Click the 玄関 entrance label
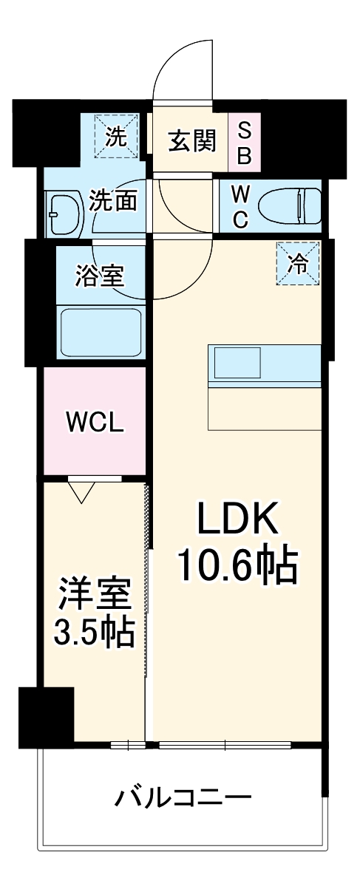click(x=191, y=140)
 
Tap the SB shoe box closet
click(x=244, y=142)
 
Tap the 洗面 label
click(x=112, y=201)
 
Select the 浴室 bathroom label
click(x=99, y=276)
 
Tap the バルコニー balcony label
click(x=183, y=798)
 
